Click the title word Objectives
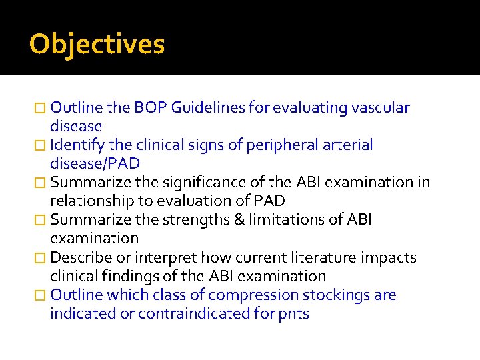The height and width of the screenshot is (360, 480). (x=97, y=45)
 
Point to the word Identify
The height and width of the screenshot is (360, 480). (x=75, y=145)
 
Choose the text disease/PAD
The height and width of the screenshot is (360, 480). (x=95, y=164)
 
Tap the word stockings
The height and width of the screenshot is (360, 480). (x=337, y=295)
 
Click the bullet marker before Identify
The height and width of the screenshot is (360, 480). (x=41, y=145)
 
